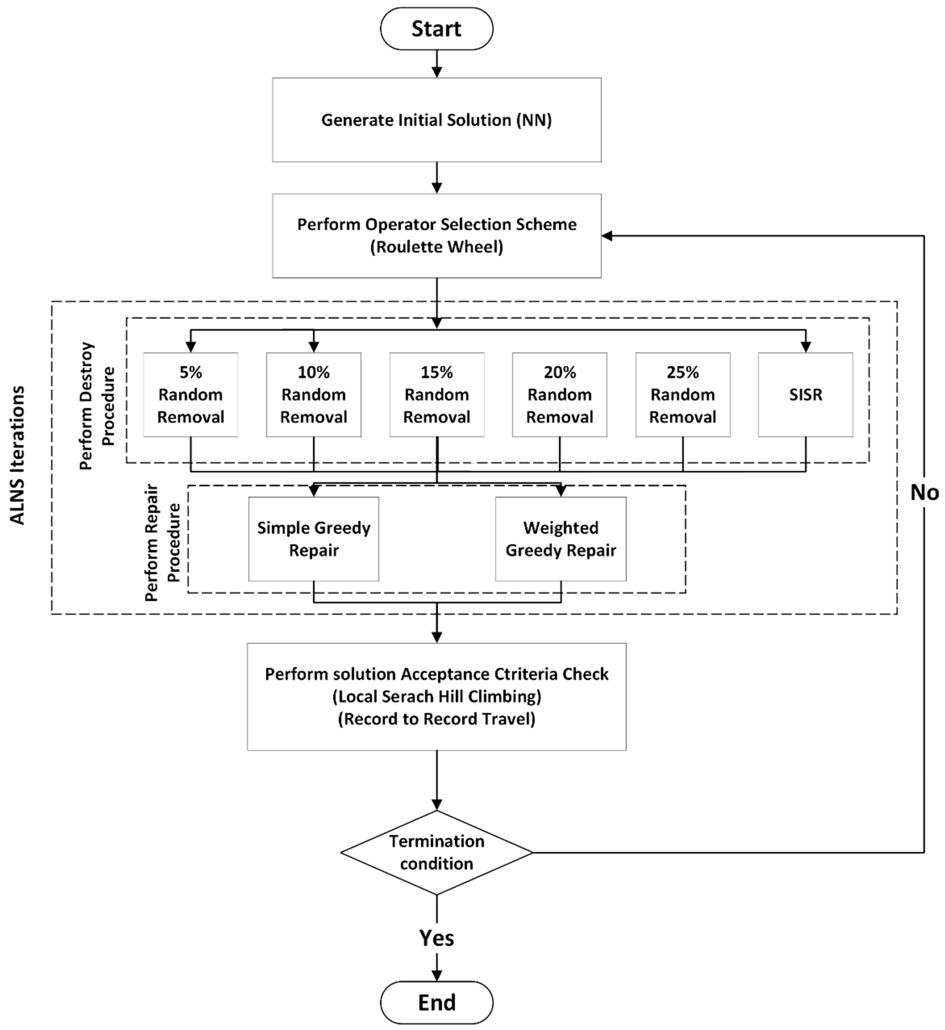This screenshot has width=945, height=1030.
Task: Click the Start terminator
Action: pyautogui.click(x=436, y=29)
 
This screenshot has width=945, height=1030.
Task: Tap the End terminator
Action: pyautogui.click(x=436, y=1002)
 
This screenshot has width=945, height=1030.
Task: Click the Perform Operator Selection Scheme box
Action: pyautogui.click(x=436, y=236)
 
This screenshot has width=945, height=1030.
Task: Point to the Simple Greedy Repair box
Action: pyautogui.click(x=314, y=539)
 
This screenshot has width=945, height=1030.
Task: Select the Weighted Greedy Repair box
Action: pyautogui.click(x=560, y=539)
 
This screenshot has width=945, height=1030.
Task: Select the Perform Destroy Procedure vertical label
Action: pyautogui.click(x=97, y=405)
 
